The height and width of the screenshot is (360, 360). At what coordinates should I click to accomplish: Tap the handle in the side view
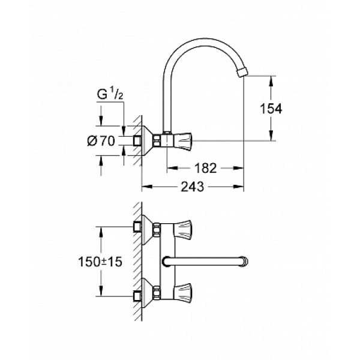pyautogui.click(x=181, y=141)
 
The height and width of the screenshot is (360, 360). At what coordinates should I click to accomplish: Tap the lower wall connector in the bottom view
pyautogui.click(x=137, y=295)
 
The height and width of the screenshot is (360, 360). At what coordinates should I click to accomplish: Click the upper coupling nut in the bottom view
pyautogui.click(x=157, y=229)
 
